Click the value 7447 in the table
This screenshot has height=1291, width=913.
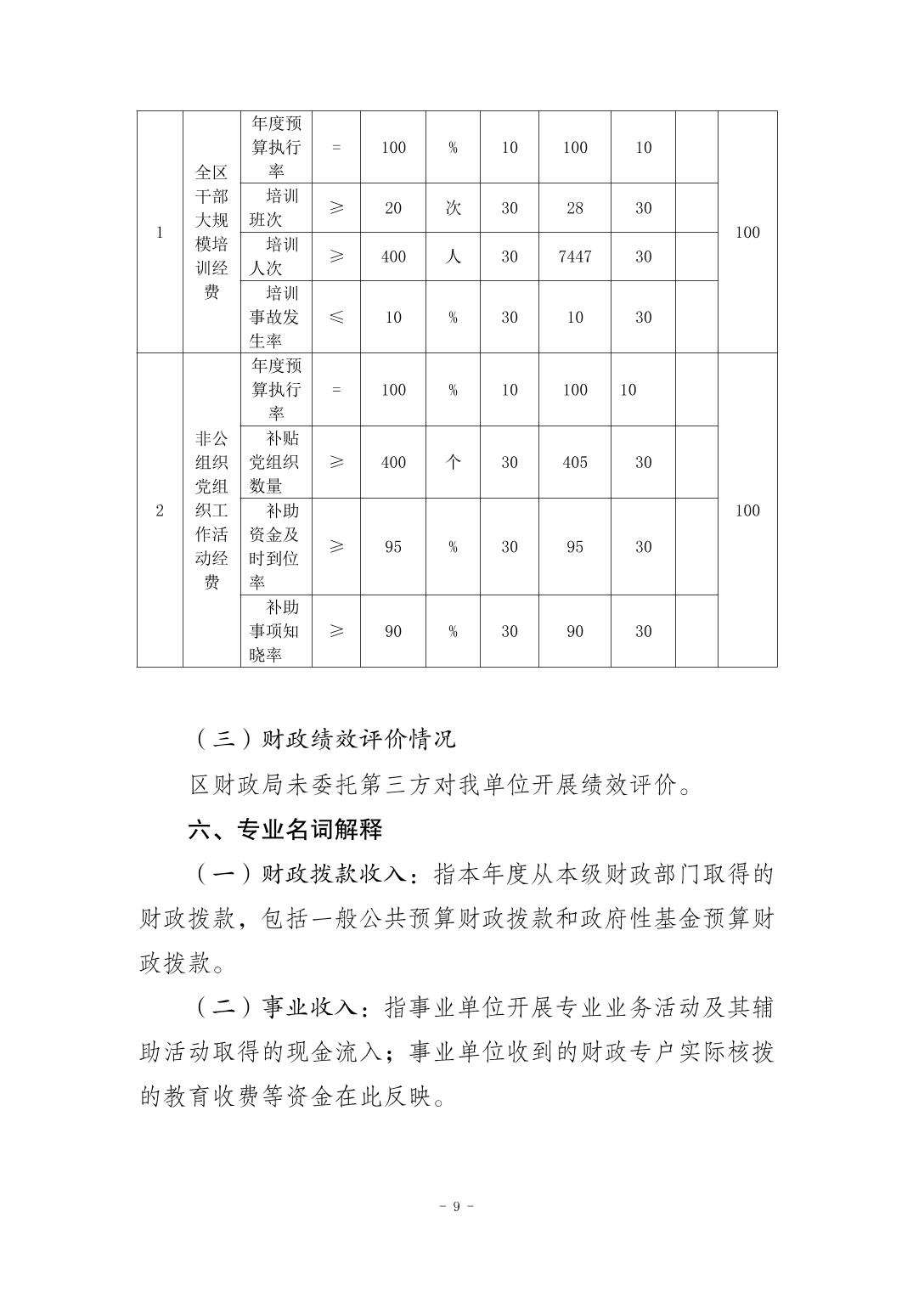575,257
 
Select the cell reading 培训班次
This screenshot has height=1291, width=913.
275,208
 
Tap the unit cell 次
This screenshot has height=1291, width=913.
453,208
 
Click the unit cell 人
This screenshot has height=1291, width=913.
453,257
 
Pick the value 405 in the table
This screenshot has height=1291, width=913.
575,462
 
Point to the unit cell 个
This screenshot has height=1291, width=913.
453,462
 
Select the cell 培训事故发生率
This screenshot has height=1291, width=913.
275,317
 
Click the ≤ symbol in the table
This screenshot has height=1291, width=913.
336,317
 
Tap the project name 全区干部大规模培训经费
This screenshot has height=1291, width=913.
211,232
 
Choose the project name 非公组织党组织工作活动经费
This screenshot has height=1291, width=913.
211,510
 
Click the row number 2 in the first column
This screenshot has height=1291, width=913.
160,510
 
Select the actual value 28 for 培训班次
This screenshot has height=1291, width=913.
575,208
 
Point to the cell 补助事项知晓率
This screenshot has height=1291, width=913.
275,631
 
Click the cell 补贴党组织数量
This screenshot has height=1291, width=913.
275,462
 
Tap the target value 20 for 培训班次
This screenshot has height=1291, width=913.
393,208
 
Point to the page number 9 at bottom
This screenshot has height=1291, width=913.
456,1206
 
